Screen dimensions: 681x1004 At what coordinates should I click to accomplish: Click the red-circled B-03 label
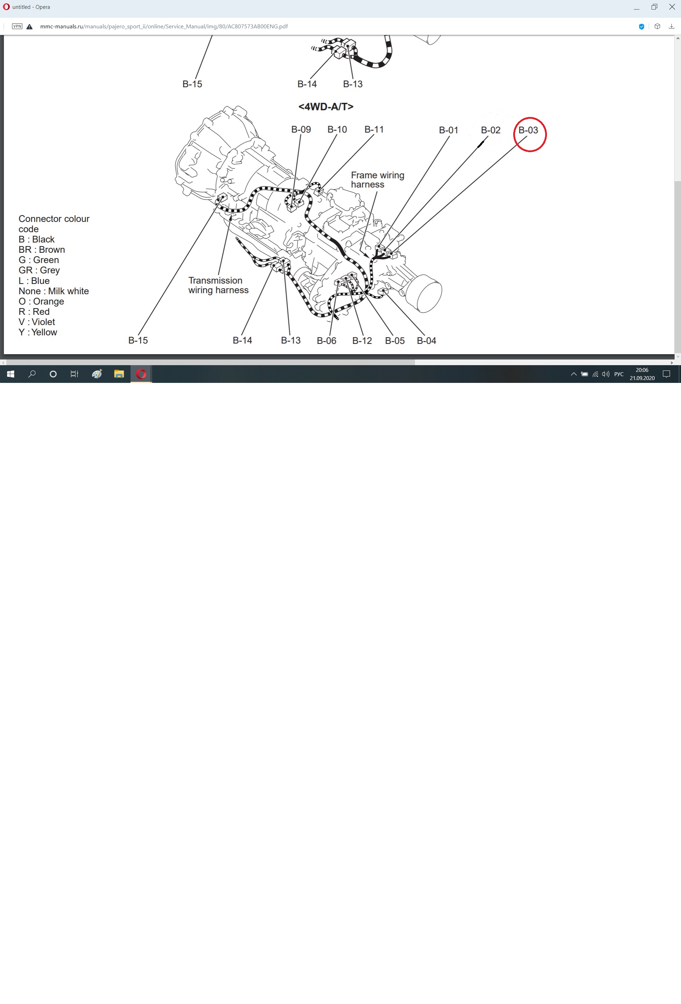tap(528, 130)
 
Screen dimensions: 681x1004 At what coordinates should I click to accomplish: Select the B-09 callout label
tap(301, 129)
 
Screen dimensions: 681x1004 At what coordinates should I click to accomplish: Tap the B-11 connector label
tap(374, 129)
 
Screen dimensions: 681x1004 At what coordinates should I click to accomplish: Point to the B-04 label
tap(426, 340)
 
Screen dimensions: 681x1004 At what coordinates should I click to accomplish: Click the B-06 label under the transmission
tap(326, 340)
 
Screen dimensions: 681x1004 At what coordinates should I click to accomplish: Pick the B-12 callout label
tap(362, 340)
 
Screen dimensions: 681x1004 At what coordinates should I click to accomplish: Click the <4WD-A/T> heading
tap(326, 107)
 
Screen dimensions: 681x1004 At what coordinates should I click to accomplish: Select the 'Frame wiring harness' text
tap(378, 180)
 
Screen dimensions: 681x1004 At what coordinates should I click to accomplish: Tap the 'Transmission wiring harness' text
tap(218, 285)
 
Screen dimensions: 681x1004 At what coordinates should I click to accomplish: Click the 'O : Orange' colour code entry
tap(41, 301)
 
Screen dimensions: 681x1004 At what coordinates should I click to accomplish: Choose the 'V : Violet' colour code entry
tap(37, 322)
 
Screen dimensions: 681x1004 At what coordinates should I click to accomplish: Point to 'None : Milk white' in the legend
tap(54, 291)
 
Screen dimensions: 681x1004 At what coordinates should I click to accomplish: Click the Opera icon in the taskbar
tap(141, 374)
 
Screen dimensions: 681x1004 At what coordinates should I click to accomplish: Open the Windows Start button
tap(10, 374)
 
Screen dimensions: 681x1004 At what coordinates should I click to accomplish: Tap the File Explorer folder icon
tap(119, 374)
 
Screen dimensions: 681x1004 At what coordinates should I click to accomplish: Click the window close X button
tap(672, 7)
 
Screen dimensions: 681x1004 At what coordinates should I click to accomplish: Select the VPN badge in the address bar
tap(17, 26)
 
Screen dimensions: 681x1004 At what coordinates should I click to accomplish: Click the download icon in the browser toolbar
tap(671, 26)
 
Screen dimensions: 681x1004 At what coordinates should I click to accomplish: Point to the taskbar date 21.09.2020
tap(642, 378)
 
